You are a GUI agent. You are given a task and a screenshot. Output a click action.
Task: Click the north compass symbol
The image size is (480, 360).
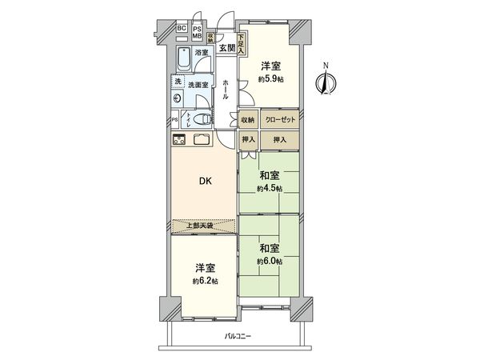point(324,82)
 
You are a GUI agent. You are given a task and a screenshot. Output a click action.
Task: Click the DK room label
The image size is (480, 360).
point(206,181)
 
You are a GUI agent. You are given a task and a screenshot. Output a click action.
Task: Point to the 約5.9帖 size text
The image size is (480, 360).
point(269,79)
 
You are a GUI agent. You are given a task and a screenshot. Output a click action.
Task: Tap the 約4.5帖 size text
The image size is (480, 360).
point(268,189)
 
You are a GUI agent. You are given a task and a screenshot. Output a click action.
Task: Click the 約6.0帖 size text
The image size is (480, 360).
point(268,262)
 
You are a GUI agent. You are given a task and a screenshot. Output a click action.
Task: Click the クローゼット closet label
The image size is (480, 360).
point(281,120)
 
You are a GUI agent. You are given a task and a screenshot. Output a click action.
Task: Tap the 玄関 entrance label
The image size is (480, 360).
point(226,49)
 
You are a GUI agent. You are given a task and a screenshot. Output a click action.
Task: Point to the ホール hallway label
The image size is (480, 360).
point(226,87)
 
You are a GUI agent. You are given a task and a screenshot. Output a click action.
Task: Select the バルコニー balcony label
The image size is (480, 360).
point(238,336)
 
